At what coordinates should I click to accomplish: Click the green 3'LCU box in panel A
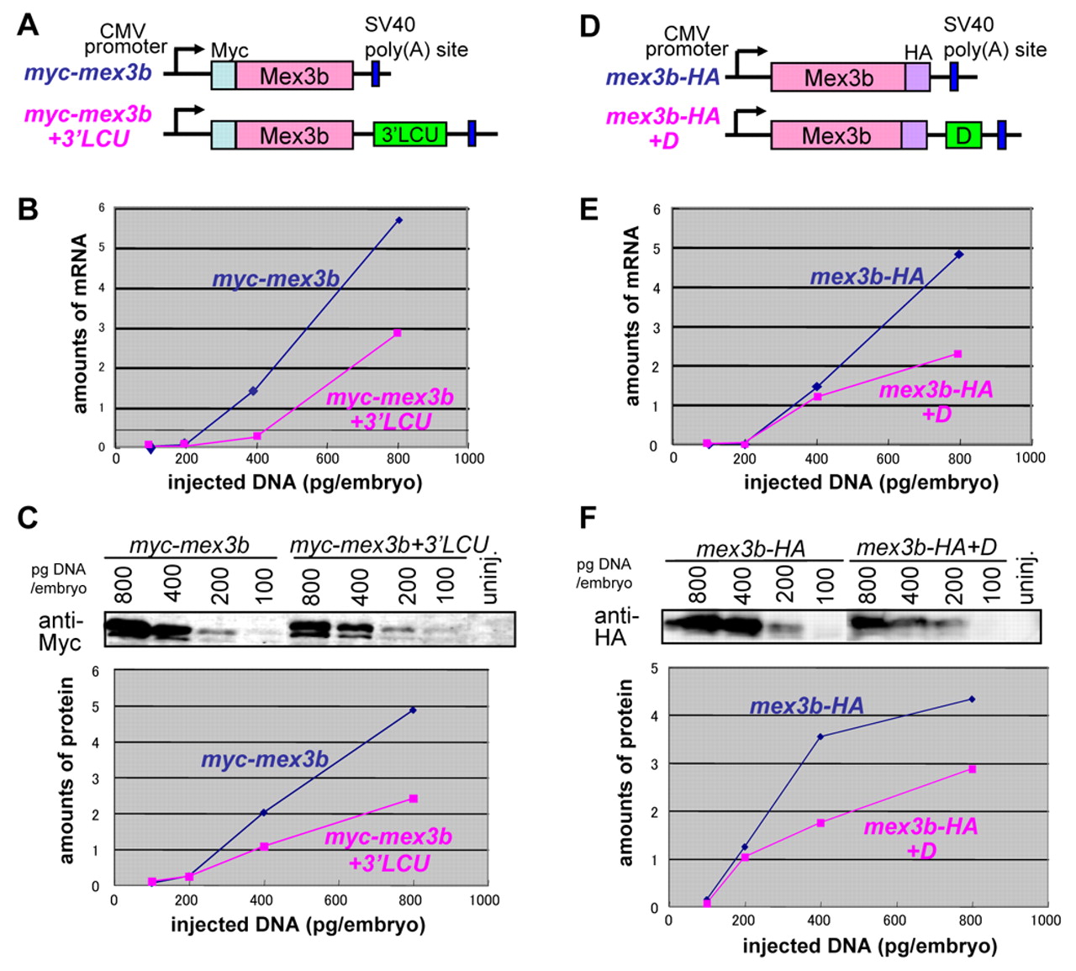click(x=409, y=135)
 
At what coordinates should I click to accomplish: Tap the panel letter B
click(x=28, y=208)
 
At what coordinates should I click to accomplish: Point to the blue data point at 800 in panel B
click(x=398, y=220)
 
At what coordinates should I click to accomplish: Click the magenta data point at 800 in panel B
click(x=397, y=333)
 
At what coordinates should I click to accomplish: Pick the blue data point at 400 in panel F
click(x=820, y=736)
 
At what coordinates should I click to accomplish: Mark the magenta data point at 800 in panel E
click(x=957, y=354)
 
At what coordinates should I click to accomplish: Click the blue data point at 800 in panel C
click(x=412, y=710)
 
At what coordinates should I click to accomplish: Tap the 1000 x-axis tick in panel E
click(x=1030, y=457)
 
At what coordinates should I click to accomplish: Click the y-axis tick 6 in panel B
click(x=102, y=208)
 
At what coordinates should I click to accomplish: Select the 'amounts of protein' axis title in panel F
click(x=625, y=773)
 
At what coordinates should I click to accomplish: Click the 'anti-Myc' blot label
click(x=61, y=631)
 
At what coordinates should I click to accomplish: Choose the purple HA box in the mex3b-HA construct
click(x=917, y=77)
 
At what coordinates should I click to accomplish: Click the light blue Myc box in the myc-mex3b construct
click(x=223, y=76)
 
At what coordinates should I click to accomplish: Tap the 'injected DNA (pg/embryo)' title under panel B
click(x=294, y=482)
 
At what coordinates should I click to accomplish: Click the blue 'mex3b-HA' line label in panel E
click(x=867, y=276)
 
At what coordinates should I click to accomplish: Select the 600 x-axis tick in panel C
click(x=335, y=900)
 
